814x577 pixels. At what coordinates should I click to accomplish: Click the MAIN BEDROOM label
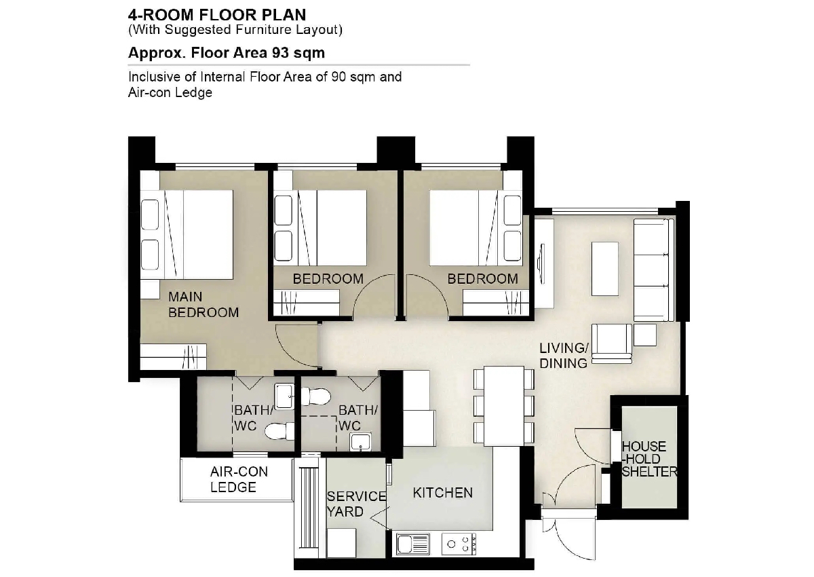click(x=203, y=305)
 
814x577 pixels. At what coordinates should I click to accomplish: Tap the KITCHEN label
click(x=442, y=493)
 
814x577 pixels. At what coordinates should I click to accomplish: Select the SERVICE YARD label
click(x=356, y=504)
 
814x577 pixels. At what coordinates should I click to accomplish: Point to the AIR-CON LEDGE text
click(x=239, y=479)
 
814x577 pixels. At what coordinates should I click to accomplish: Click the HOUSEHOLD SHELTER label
click(x=649, y=459)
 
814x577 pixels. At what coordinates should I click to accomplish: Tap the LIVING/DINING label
click(x=564, y=356)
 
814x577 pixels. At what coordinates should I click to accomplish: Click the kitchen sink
click(x=413, y=544)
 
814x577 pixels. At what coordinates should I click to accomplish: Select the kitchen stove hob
click(x=459, y=544)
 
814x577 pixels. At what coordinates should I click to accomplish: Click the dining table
click(x=503, y=406)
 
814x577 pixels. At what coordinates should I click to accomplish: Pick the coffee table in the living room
click(x=604, y=269)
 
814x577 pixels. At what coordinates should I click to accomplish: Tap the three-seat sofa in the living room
click(x=654, y=269)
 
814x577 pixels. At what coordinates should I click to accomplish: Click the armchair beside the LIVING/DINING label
click(x=612, y=343)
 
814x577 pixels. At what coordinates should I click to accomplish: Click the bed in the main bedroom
click(x=187, y=235)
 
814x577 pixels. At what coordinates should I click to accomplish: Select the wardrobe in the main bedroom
click(x=174, y=357)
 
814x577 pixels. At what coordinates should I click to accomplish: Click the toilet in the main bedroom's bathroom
click(x=279, y=432)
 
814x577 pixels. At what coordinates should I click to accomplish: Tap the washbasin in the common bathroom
click(x=360, y=442)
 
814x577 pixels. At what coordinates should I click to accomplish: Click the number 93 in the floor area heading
click(x=279, y=53)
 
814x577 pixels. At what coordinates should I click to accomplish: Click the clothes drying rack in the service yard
click(x=309, y=508)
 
